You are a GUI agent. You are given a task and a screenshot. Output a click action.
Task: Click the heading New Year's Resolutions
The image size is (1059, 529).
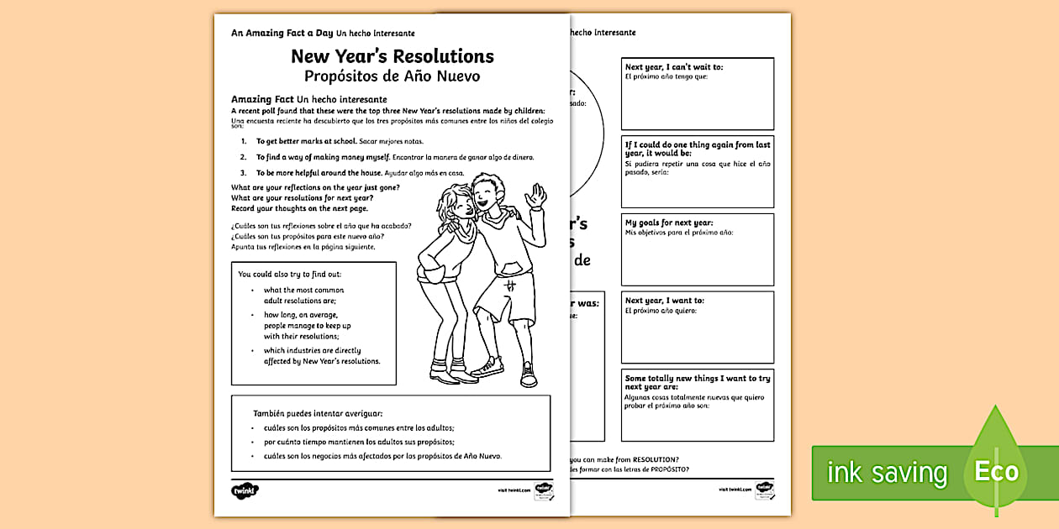392,57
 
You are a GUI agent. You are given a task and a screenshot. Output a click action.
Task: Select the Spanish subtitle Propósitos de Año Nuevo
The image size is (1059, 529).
392,76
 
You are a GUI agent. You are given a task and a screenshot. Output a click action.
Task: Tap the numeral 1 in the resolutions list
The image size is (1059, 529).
244,142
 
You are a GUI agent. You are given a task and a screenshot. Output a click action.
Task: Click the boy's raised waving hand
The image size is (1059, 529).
535,197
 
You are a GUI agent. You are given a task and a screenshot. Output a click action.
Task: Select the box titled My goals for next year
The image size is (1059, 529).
697,249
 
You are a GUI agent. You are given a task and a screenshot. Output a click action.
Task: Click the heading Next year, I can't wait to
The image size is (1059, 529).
674,67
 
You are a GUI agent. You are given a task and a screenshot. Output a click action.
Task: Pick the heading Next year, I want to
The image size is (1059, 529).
665,301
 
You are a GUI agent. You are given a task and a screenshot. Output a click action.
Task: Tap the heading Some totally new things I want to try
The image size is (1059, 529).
697,383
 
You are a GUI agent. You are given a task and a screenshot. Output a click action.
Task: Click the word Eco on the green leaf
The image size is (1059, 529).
996,471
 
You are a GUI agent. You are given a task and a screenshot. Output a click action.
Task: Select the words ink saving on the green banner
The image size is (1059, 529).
887,472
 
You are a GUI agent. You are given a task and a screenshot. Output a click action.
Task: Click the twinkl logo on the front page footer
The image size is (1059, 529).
245,490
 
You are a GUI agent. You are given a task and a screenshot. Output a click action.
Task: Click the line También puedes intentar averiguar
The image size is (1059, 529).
318,413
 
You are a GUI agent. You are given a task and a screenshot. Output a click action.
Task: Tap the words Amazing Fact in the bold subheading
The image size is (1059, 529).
262,99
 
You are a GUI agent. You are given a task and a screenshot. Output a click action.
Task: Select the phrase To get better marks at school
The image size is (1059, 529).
300,142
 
